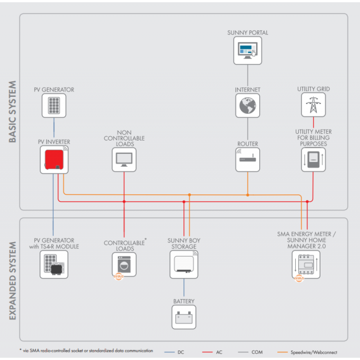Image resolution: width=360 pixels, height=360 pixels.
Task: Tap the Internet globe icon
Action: (247, 106)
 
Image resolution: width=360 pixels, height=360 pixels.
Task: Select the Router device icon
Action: (247, 160)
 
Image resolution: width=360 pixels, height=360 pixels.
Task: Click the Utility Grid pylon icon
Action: (313, 105)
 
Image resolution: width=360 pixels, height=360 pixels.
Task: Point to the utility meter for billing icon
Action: (313, 160)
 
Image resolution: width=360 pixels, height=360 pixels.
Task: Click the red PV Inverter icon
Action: (53, 161)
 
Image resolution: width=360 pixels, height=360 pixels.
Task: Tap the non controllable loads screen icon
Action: (124, 160)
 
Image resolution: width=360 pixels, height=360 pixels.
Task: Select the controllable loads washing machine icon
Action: (124, 264)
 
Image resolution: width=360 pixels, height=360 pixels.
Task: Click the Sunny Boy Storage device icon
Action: (184, 264)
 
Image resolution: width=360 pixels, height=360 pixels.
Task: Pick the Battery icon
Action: (184, 317)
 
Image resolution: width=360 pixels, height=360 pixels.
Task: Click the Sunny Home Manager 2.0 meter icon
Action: (306, 264)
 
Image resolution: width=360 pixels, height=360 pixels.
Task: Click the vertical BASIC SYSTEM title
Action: (13, 112)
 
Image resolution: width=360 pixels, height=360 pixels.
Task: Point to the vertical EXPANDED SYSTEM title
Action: (13, 281)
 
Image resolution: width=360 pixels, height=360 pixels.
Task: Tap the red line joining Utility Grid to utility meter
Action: (313, 123)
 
